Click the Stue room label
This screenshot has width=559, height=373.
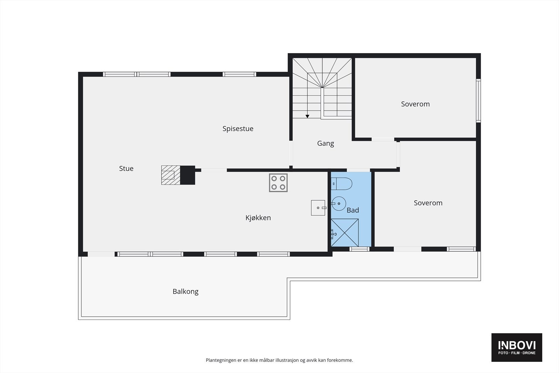[126, 168]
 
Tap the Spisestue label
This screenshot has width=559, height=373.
[238, 129]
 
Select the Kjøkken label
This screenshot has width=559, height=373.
[258, 218]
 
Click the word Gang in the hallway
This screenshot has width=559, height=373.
[325, 143]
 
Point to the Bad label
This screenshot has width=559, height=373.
[353, 210]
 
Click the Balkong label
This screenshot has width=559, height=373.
[185, 292]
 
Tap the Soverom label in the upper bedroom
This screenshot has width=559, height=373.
[415, 104]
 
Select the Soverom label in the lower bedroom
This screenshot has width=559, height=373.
[428, 203]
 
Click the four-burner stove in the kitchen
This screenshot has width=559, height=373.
[278, 183]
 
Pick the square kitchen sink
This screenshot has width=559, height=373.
[318, 208]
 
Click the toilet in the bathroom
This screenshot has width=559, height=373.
[341, 184]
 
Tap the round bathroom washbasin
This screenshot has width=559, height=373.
[339, 203]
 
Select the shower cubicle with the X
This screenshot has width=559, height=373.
[344, 232]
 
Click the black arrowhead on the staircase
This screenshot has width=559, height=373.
[307, 116]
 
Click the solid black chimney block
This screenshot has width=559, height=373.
[187, 175]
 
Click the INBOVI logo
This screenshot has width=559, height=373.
[516, 347]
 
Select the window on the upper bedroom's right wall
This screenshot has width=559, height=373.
[478, 101]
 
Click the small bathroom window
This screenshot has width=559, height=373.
[360, 249]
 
